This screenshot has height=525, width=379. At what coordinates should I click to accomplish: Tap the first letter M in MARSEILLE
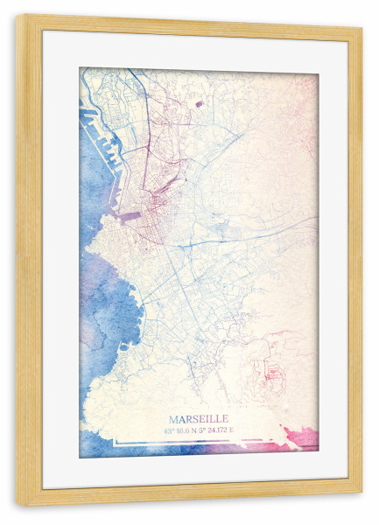pyautogui.click(x=174, y=419)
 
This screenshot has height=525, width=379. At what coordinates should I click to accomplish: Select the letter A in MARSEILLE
pyautogui.click(x=182, y=419)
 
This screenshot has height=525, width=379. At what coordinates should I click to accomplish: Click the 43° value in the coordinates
pyautogui.click(x=168, y=430)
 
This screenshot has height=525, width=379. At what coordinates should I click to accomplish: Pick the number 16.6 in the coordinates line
pyautogui.click(x=181, y=430)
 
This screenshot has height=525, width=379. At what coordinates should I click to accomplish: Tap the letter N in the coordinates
pyautogui.click(x=193, y=430)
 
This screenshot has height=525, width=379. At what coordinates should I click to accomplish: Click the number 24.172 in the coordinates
pyautogui.click(x=219, y=430)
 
